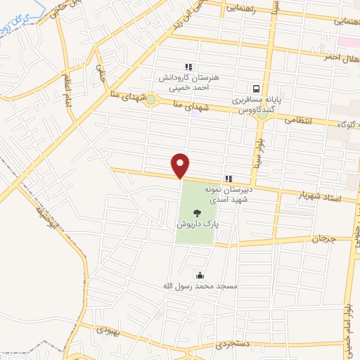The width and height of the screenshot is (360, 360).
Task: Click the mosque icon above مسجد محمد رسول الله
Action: [x=200, y=275]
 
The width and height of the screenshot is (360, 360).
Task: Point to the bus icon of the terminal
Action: [x=256, y=90]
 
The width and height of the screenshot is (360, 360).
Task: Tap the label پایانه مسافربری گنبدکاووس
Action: [x=257, y=105]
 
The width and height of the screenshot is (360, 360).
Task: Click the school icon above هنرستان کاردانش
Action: [x=188, y=67]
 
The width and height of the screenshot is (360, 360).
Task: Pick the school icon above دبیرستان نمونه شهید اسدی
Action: [x=228, y=179]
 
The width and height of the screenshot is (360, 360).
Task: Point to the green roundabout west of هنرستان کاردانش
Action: [x=151, y=100]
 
